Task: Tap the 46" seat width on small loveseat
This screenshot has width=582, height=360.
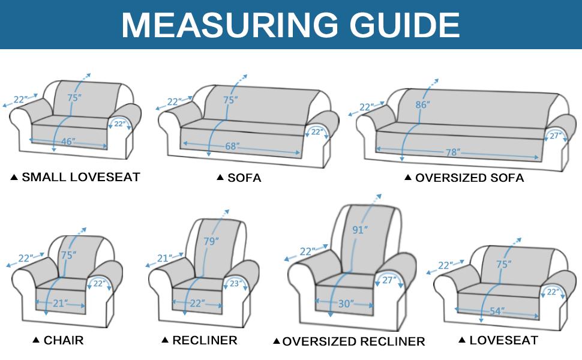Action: point(68,142)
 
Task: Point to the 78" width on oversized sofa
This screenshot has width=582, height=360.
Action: point(452,152)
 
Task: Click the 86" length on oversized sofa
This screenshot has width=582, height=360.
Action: point(422,104)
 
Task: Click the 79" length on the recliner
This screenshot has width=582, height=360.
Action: point(211,241)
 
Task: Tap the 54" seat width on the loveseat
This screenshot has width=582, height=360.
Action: point(496,311)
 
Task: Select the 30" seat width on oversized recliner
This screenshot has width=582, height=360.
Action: point(346,304)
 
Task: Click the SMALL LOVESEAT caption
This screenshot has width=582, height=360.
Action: point(80,177)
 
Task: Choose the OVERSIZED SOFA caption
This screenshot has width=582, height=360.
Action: point(469,178)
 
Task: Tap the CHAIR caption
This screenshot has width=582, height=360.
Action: point(63,340)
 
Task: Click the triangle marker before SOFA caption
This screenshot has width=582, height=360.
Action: point(220,178)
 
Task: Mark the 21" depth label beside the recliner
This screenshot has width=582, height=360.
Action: point(164,258)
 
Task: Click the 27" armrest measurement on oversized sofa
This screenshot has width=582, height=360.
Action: point(555,136)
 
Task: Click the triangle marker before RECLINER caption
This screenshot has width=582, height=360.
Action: point(165,340)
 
